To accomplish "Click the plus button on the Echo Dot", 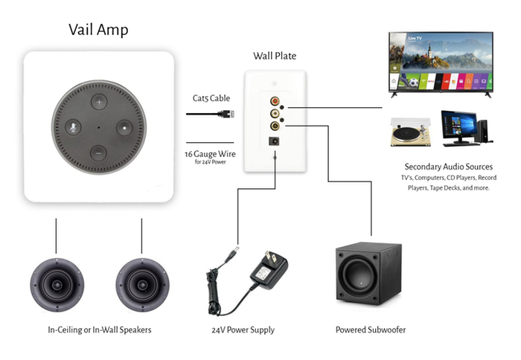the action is (99, 102).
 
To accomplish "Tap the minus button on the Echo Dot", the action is (99, 153).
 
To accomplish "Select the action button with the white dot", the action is (124, 128).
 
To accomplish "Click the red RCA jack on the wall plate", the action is (275, 100).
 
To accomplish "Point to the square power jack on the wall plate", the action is (274, 141).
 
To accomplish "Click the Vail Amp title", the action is (98, 30).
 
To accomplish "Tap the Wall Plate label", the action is (275, 56).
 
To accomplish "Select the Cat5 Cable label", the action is (211, 98).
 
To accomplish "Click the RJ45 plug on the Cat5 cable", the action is (227, 114).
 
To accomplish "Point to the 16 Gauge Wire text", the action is (210, 154).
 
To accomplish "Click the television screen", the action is (441, 62).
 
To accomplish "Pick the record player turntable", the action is (411, 132).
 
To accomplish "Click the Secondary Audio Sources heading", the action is (449, 167).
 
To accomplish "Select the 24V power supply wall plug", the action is (269, 270).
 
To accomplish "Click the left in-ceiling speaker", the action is (57, 285).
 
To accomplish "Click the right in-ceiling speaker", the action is (143, 285).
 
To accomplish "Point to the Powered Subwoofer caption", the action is (371, 330).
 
